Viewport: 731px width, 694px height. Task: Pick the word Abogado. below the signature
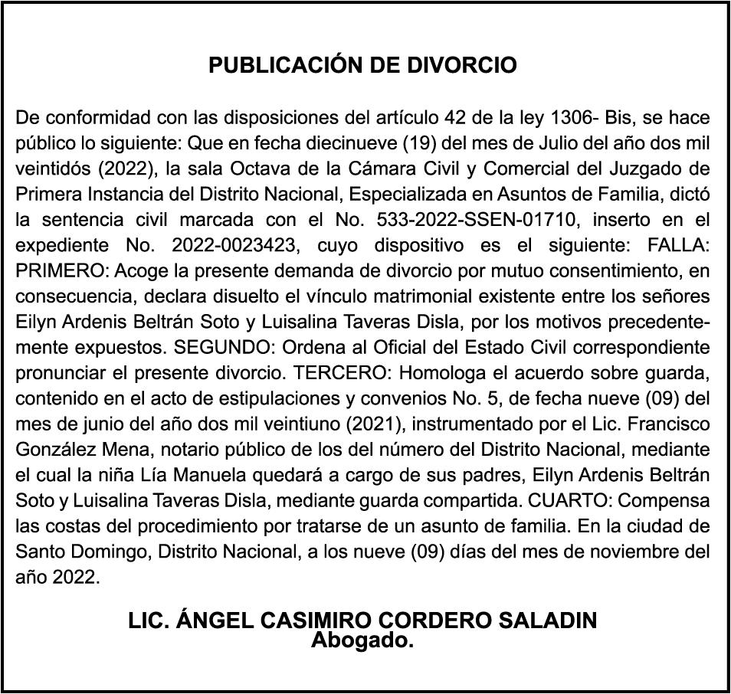(x=362, y=640)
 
